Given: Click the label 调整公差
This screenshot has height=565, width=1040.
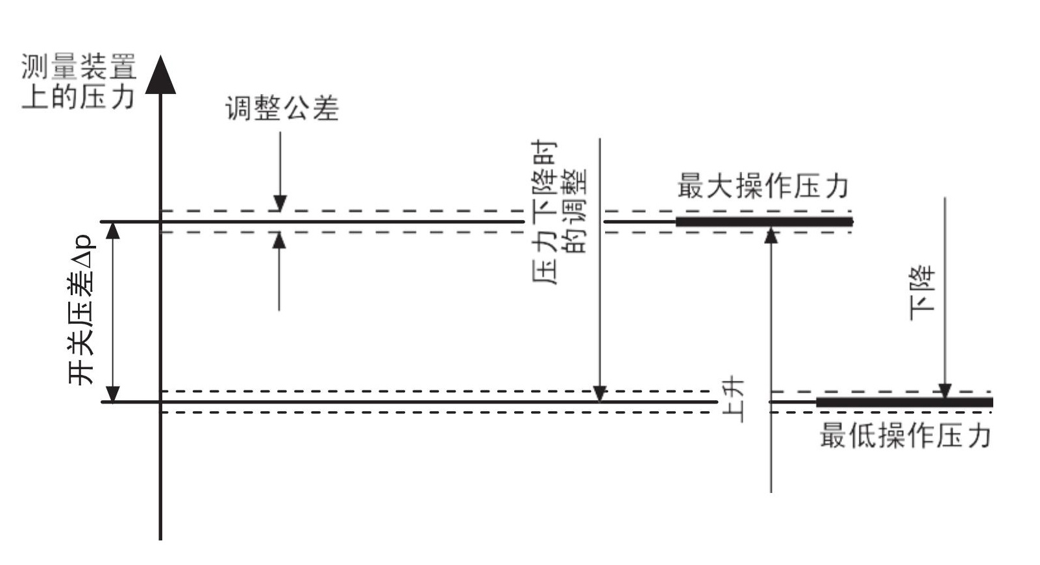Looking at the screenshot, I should [282, 109].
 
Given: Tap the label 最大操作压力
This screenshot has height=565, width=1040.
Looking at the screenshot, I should [763, 186].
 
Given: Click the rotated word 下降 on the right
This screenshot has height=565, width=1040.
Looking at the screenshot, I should [922, 292].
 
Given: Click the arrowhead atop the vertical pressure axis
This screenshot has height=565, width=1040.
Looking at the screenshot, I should [160, 74].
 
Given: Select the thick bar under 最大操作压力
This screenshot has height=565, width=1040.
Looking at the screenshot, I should [764, 222].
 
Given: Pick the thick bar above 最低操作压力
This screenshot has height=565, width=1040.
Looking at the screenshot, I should [904, 402].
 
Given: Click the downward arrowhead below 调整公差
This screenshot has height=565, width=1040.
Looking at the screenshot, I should [280, 204].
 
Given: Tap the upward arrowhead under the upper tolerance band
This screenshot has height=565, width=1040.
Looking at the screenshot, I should [279, 240].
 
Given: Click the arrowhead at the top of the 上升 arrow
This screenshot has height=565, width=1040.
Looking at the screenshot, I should [771, 235].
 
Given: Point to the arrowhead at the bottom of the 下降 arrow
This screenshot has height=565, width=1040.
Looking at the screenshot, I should [945, 391].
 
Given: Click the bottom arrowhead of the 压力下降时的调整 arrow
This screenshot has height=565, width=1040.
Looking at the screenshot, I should [600, 393].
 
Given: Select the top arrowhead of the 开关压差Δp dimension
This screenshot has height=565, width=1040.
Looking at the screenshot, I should [113, 231].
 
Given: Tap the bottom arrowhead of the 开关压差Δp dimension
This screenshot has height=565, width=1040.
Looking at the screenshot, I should [113, 394].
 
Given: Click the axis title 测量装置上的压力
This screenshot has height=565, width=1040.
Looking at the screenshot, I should [78, 82].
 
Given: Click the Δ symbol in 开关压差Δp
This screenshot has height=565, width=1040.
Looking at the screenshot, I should [82, 261].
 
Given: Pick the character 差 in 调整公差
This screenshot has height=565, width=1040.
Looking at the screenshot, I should [326, 109].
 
